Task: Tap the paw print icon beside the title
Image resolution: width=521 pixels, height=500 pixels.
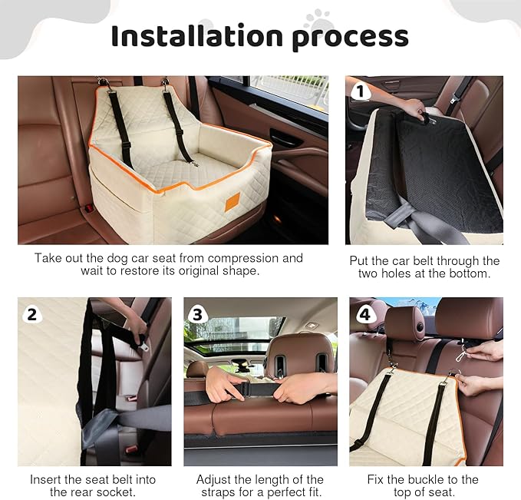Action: pyautogui.click(x=316, y=18)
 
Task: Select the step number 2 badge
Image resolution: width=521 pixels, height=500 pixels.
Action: pyautogui.click(x=31, y=313)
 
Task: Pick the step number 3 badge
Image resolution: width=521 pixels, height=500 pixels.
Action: pyautogui.click(x=197, y=313)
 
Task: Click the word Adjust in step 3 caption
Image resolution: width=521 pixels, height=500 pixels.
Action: pyautogui.click(x=213, y=479)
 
